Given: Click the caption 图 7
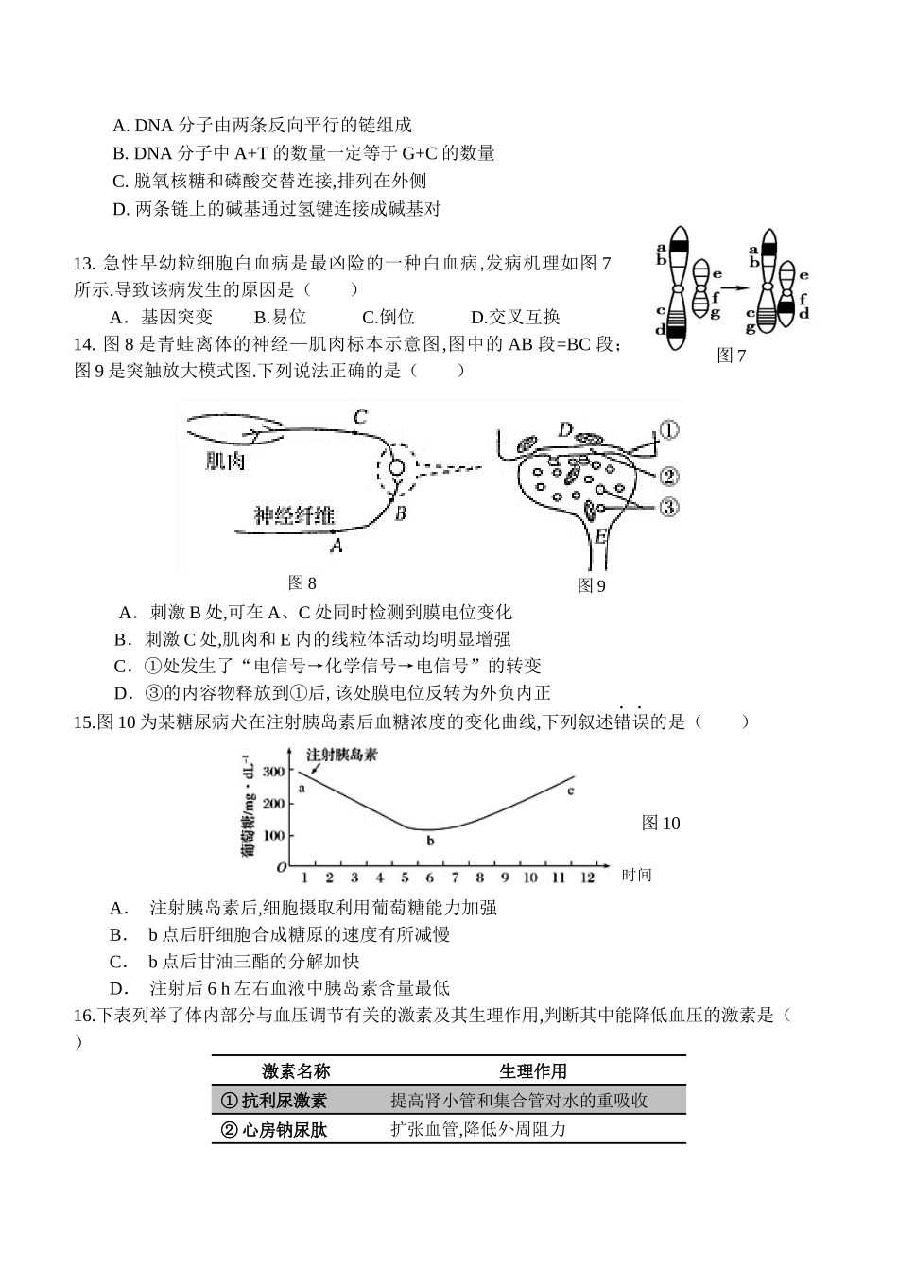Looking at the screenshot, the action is click(x=732, y=356).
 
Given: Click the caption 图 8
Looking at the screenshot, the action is click(x=302, y=582).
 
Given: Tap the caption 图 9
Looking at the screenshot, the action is click(x=591, y=585).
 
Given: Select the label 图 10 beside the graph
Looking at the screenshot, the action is click(x=661, y=823).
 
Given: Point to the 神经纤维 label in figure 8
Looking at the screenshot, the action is click(x=294, y=515).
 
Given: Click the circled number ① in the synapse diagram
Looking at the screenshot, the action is click(x=668, y=430).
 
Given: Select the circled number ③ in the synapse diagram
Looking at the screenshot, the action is click(x=668, y=508).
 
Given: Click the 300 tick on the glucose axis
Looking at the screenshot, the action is click(x=273, y=772).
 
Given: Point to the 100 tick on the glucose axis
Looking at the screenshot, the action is click(x=273, y=836).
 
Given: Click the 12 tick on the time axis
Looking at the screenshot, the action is click(x=587, y=878).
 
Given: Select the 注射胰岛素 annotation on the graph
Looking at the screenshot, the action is click(x=341, y=755).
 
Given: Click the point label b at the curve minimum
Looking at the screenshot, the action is click(x=430, y=840).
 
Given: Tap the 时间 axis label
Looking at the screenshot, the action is click(x=637, y=875).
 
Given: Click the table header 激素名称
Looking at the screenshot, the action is click(x=296, y=1070).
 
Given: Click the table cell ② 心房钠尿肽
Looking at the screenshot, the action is click(x=273, y=1129).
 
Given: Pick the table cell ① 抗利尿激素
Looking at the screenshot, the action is click(x=273, y=1100).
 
